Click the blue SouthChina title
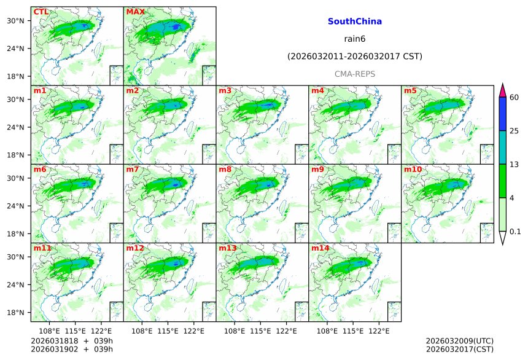point(354,22)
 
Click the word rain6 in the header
point(354,39)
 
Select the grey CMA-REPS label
point(354,74)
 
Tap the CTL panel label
point(41,12)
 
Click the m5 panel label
point(410,91)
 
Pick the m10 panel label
point(413,170)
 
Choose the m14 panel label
point(320,248)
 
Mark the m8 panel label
point(225,170)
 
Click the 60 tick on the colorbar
point(514,97)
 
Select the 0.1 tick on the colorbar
point(515,232)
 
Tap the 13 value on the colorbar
point(514,164)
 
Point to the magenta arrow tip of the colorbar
point(502,90)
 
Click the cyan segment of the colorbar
point(502,147)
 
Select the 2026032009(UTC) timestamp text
point(459,341)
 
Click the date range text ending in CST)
point(354,57)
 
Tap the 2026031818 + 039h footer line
point(68,341)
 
